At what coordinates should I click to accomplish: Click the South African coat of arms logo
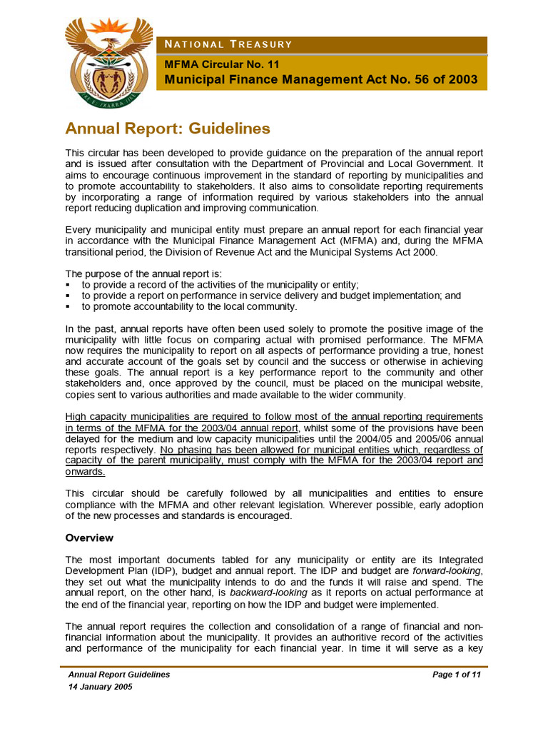click(x=108, y=60)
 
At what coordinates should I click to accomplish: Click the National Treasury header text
click(x=228, y=45)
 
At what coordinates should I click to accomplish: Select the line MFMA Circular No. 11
click(x=222, y=64)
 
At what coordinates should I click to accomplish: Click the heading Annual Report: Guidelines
click(x=168, y=128)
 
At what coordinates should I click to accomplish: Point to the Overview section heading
click(x=89, y=537)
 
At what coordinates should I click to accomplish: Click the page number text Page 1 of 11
click(x=457, y=675)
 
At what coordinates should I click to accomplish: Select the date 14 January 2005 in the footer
click(x=100, y=687)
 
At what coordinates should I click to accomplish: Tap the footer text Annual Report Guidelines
click(x=118, y=675)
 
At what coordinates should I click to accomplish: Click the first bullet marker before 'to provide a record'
click(x=68, y=285)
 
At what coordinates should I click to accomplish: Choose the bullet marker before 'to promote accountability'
click(x=68, y=307)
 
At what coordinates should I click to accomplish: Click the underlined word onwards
click(x=85, y=472)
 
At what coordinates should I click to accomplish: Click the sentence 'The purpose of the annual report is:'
click(x=143, y=273)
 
